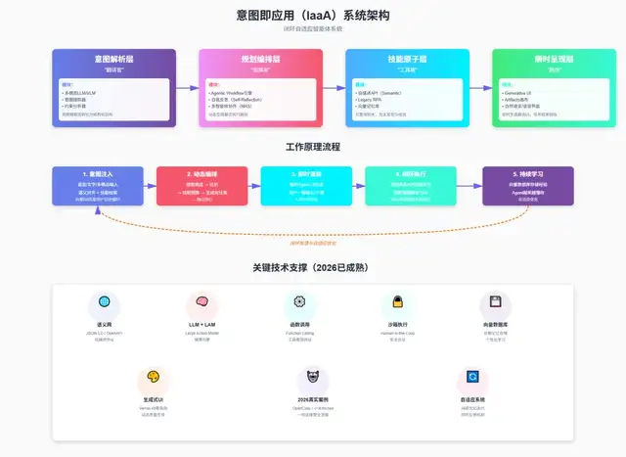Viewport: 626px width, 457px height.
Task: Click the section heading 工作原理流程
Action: click(313, 147)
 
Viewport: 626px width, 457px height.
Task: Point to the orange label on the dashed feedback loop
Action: click(313, 243)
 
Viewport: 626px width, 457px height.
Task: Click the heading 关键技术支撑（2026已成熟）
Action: click(313, 266)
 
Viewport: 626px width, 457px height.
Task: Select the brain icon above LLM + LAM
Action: click(202, 302)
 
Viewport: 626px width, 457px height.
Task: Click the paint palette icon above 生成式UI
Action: click(153, 378)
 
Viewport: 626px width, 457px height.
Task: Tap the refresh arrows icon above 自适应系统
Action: click(472, 378)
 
